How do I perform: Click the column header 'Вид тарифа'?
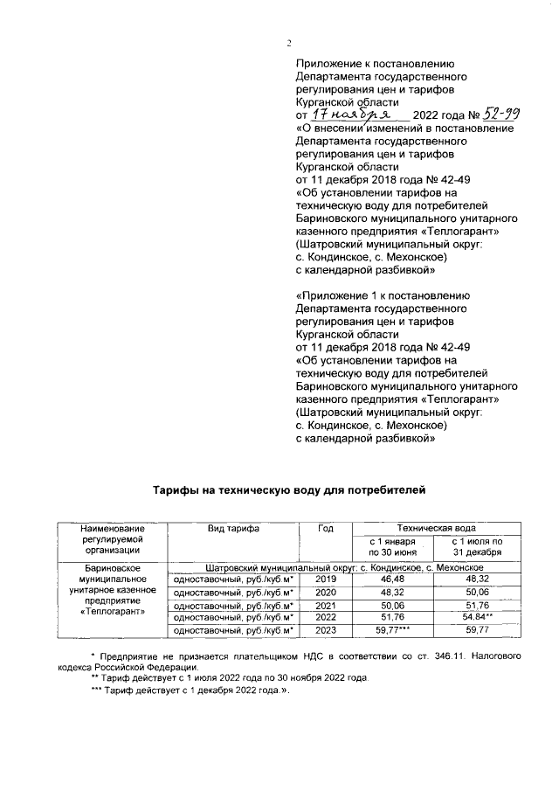coord(233,529)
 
